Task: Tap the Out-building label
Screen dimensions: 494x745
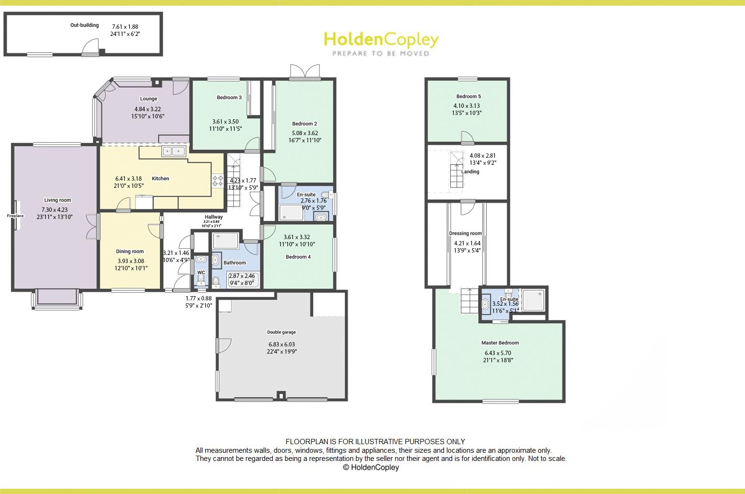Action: tap(84, 25)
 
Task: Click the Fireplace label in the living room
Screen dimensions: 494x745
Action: tap(15, 216)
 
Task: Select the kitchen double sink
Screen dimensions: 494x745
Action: tap(174, 151)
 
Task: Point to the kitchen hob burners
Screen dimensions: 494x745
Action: tap(218, 181)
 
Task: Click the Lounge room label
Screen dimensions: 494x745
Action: tap(148, 99)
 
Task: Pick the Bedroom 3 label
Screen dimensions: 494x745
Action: tap(229, 98)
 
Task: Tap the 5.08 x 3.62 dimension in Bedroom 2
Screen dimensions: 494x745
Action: tap(305, 133)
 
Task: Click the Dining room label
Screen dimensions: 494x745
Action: tap(130, 252)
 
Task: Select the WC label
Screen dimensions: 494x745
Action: tap(201, 273)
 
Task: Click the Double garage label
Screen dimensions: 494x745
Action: tap(281, 332)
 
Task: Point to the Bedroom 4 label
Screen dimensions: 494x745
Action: tap(298, 257)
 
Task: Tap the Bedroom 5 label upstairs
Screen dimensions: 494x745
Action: tap(468, 96)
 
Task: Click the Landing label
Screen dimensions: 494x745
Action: tap(470, 172)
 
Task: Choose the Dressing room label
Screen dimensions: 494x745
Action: tap(466, 233)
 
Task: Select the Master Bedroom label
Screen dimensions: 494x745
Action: tap(500, 343)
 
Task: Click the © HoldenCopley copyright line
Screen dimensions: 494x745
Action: tap(371, 467)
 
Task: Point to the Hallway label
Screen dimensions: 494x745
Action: tap(213, 217)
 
